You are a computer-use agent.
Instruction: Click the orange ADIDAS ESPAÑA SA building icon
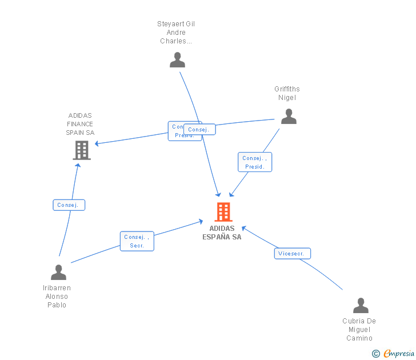[x=223, y=211]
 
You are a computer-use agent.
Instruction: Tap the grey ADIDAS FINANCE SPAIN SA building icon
[x=82, y=150]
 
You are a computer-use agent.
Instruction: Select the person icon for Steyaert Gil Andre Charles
[x=177, y=59]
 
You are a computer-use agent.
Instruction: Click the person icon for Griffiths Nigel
[x=289, y=116]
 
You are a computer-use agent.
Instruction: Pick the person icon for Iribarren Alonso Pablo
[x=58, y=272]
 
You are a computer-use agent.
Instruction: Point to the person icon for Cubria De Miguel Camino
[x=361, y=305]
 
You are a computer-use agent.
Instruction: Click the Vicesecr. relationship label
[x=292, y=253]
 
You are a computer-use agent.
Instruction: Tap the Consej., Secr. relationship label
[x=137, y=241]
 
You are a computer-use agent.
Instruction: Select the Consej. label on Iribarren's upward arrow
[x=69, y=205]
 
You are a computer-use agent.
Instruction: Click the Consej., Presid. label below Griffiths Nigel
[x=255, y=162]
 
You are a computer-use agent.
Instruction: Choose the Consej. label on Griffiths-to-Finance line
[x=199, y=130]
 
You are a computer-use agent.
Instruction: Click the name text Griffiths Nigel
[x=287, y=93]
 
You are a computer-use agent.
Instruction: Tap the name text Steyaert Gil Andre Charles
[x=176, y=33]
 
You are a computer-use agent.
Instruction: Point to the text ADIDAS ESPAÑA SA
[x=222, y=233]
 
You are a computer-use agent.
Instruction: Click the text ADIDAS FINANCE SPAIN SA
[x=80, y=124]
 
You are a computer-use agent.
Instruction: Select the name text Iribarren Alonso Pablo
[x=57, y=296]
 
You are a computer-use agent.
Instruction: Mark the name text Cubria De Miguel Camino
[x=359, y=329]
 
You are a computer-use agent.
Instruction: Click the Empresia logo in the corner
[x=399, y=354]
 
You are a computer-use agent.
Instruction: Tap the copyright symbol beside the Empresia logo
[x=376, y=354]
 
